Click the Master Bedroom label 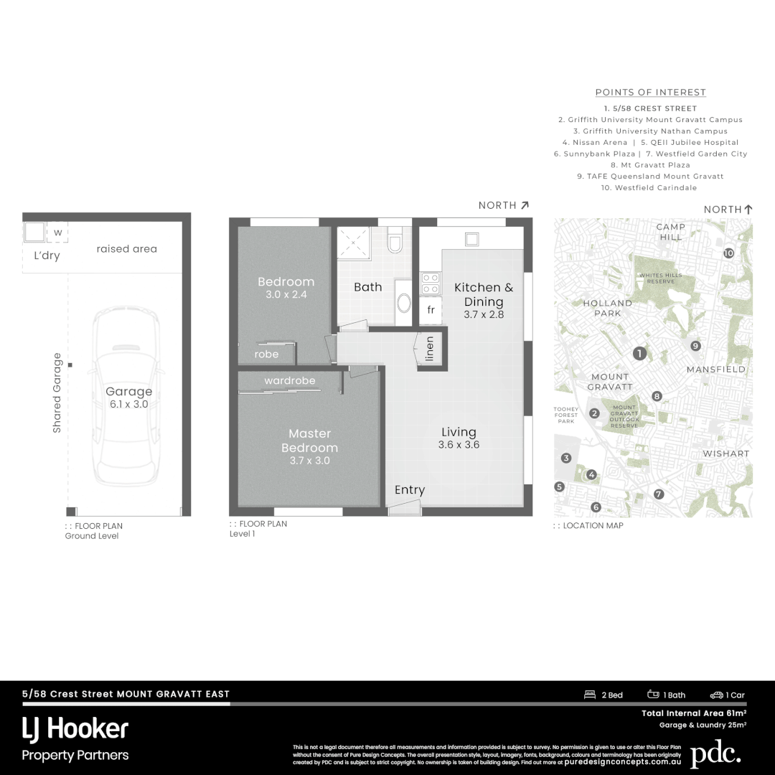[x=309, y=440]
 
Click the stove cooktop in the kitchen [x=430, y=283]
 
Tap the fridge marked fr [x=431, y=310]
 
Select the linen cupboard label [x=430, y=349]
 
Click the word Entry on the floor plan [x=410, y=490]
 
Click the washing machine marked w [x=57, y=233]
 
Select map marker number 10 [x=728, y=253]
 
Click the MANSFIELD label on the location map [x=715, y=369]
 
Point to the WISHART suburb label [x=725, y=454]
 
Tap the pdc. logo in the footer [x=715, y=754]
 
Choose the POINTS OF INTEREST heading [x=650, y=93]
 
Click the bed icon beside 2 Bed [x=591, y=695]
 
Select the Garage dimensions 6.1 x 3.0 [x=129, y=404]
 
